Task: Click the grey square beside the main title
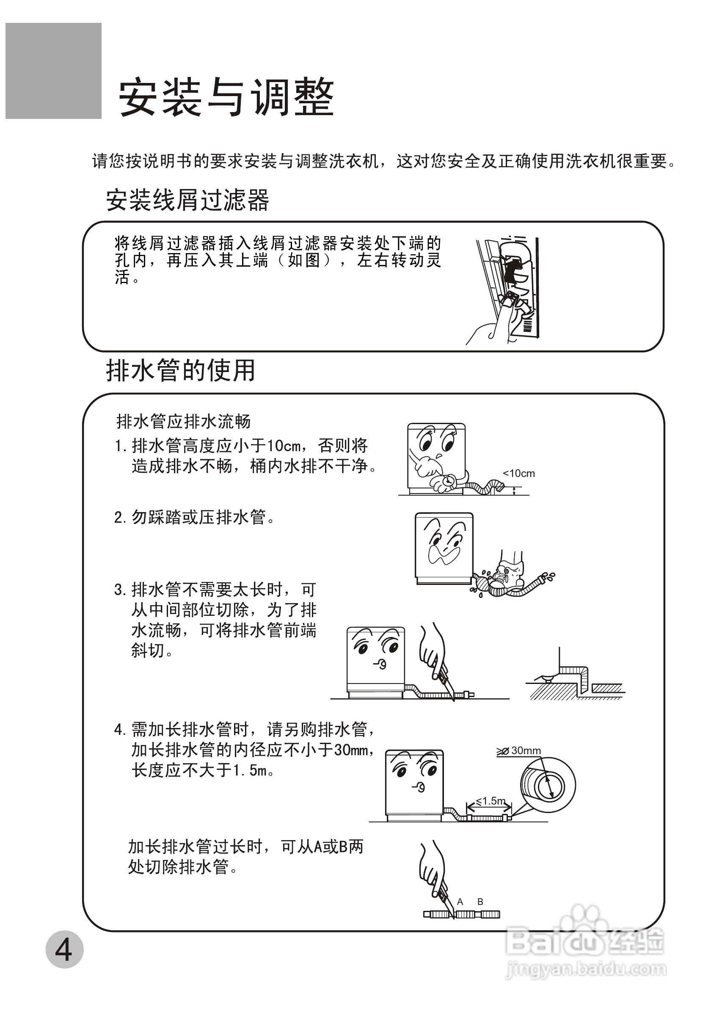click(x=53, y=71)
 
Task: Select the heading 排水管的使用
click(x=180, y=370)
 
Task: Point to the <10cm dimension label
click(x=518, y=473)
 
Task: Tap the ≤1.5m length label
click(x=491, y=801)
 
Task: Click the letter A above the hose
click(x=460, y=902)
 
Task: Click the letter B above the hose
click(x=480, y=902)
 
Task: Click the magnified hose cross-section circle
click(x=548, y=785)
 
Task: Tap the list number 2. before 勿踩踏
click(x=119, y=518)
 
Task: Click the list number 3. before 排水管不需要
click(x=119, y=590)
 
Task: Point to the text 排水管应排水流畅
click(x=183, y=422)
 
